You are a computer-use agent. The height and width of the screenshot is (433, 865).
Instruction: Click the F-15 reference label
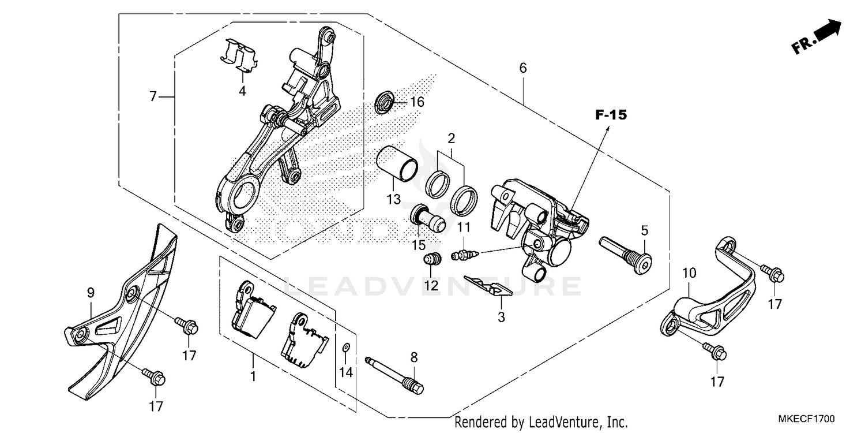click(x=611, y=115)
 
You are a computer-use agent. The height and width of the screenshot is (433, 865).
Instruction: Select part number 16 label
click(x=417, y=102)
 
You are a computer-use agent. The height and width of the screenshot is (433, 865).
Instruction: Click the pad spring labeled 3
click(x=488, y=286)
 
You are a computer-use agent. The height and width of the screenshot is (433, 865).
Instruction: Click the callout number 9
click(x=91, y=293)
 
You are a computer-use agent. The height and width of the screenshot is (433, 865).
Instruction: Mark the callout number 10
click(x=689, y=272)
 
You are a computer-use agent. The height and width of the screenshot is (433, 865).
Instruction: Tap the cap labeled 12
click(x=432, y=260)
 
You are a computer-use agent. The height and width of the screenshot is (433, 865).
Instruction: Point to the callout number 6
click(x=523, y=68)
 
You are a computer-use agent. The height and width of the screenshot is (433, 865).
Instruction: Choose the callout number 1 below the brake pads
click(x=252, y=377)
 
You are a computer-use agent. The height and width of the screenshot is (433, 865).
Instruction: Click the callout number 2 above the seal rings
click(x=451, y=139)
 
